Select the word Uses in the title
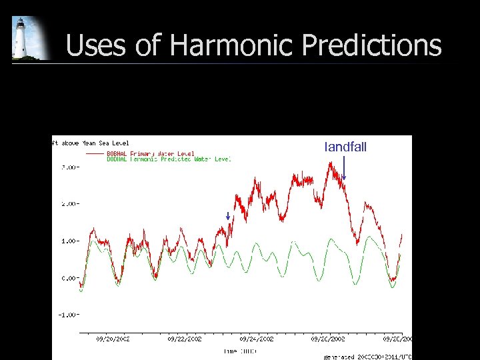(x=99, y=45)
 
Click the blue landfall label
(x=345, y=147)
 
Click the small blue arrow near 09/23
(x=227, y=216)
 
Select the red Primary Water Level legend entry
(x=151, y=153)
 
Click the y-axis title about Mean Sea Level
(x=91, y=142)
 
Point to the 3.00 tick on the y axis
(x=69, y=167)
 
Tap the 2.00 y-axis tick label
(x=69, y=204)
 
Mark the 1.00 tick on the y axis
(x=69, y=241)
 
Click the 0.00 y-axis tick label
(x=69, y=278)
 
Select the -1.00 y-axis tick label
(x=67, y=315)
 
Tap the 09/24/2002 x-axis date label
(x=257, y=339)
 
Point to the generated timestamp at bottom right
(x=367, y=357)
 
